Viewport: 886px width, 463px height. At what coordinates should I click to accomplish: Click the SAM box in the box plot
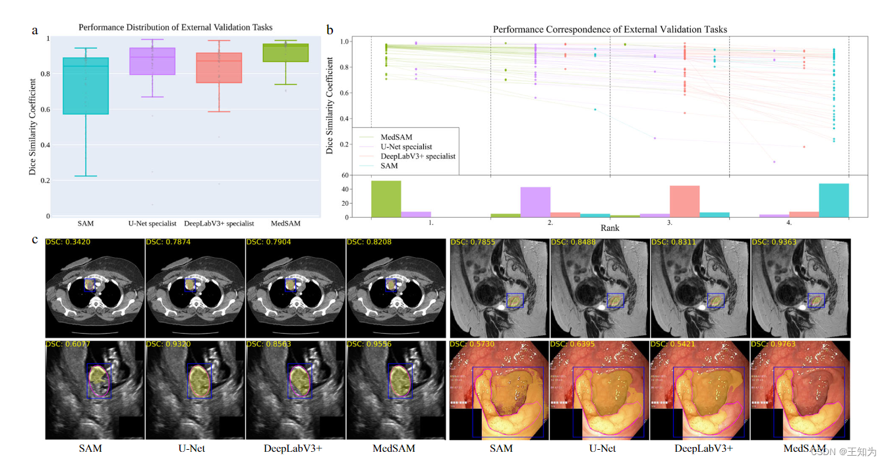click(x=85, y=86)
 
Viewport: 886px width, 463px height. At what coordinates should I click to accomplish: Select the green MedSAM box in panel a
click(x=285, y=53)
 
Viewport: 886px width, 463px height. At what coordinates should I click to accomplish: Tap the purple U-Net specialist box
click(x=152, y=61)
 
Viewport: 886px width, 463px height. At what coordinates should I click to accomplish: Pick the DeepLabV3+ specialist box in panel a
click(x=219, y=68)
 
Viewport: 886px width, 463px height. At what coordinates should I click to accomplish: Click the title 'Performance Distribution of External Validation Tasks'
click(x=175, y=27)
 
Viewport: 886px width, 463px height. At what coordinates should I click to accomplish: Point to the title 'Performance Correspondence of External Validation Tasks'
click(x=610, y=30)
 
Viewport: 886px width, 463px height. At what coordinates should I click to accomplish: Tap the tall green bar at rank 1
click(x=386, y=199)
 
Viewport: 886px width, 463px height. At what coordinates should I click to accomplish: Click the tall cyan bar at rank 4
click(x=833, y=201)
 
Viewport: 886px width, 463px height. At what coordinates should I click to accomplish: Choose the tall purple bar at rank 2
click(x=535, y=202)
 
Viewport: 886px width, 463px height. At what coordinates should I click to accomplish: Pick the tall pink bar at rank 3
click(x=684, y=201)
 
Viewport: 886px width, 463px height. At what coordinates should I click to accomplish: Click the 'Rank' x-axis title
click(x=610, y=228)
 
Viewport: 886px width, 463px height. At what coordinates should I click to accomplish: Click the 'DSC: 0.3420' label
click(x=68, y=242)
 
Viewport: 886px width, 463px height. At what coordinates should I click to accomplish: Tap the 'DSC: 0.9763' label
click(x=776, y=344)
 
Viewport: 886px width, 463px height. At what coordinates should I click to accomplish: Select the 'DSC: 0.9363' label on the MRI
click(x=776, y=242)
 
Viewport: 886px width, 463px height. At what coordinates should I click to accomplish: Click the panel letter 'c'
click(x=35, y=239)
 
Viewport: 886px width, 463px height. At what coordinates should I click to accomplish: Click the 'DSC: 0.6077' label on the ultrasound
click(x=68, y=344)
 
